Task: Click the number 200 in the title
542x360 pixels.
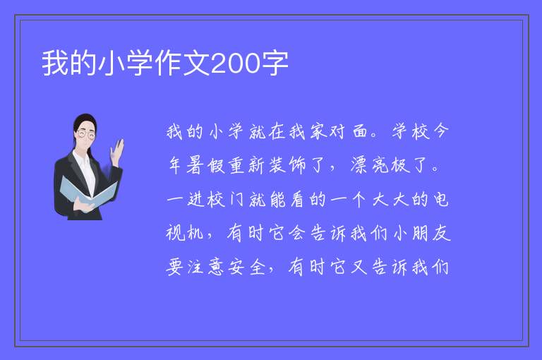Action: coord(235,64)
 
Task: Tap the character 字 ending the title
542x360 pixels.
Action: coord(275,64)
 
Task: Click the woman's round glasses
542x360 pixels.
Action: coord(86,134)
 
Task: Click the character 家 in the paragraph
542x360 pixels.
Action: coord(318,131)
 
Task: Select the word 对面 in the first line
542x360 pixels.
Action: coord(349,131)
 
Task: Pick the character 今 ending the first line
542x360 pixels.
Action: coord(440,131)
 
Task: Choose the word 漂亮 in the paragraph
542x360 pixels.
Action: coord(371,165)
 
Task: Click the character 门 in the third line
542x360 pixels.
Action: coord(237,200)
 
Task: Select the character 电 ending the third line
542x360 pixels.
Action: coord(441,200)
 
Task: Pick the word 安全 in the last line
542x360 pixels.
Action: coord(247,267)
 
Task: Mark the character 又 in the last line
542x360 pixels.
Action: coord(359,267)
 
